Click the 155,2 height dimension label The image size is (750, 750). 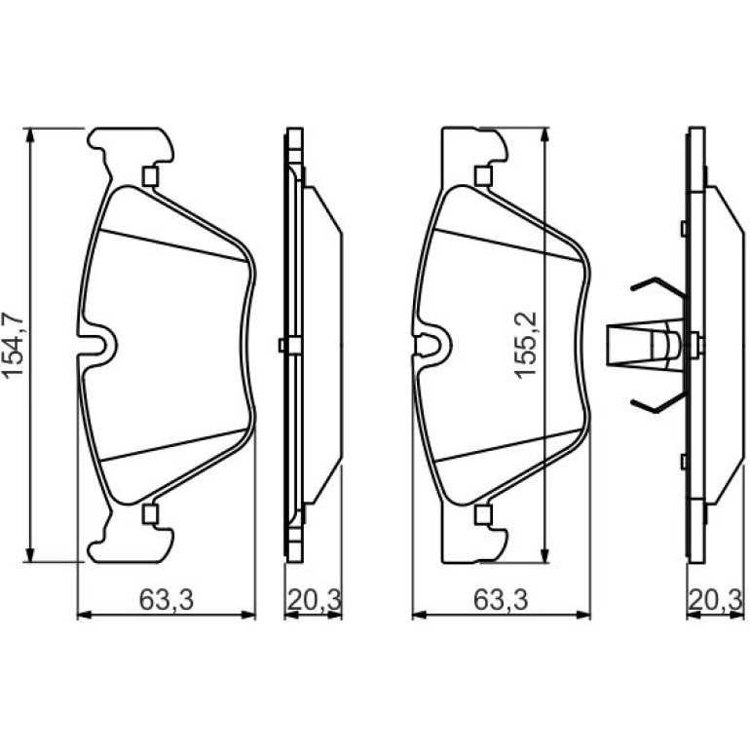pos(527,346)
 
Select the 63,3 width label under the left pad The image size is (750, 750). pos(167,599)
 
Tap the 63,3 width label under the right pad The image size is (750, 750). pos(501,599)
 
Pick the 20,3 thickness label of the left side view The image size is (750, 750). pos(314,599)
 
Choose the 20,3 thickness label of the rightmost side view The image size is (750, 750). pos(716,599)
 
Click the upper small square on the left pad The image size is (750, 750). pos(150,176)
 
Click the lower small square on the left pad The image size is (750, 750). pos(150,514)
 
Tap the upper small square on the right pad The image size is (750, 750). pos(483,175)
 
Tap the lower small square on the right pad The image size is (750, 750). pos(483,514)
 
